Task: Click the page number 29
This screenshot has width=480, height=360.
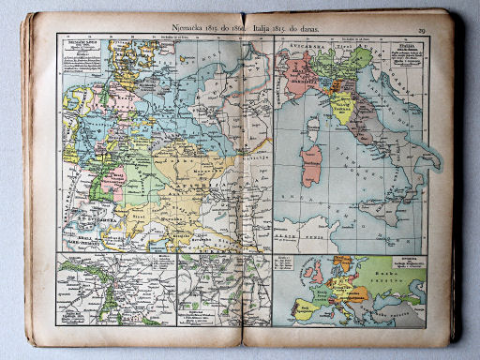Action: pos(422,31)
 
